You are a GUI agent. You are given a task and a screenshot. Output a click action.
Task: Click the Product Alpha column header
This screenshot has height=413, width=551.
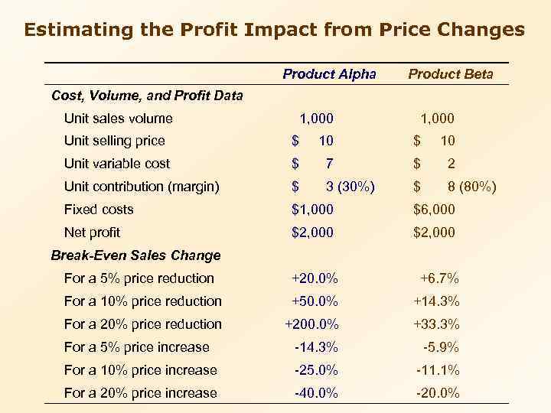pyautogui.click(x=329, y=74)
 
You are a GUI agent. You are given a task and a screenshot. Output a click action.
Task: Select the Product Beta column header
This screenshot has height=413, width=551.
pyautogui.click(x=450, y=74)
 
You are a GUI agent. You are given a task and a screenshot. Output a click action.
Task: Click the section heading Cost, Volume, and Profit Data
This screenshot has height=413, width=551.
pyautogui.click(x=146, y=96)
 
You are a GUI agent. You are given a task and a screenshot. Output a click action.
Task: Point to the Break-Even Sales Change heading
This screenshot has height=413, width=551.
pyautogui.click(x=135, y=255)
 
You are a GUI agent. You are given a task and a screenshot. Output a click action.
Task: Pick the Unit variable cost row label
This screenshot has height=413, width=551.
pyautogui.click(x=117, y=164)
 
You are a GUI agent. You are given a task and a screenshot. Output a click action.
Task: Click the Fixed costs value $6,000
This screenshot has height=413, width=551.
pyautogui.click(x=434, y=210)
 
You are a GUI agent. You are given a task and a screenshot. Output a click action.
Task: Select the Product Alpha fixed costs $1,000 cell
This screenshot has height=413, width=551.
pyautogui.click(x=313, y=210)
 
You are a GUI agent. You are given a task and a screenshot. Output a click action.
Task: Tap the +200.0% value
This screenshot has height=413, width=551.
pyautogui.click(x=311, y=324)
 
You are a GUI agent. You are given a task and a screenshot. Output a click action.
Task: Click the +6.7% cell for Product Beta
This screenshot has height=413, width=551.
pyautogui.click(x=439, y=278)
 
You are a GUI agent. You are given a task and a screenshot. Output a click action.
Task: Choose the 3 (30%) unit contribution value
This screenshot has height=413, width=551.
pyautogui.click(x=350, y=187)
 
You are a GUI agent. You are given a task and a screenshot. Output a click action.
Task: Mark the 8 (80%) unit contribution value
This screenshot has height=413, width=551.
pyautogui.click(x=471, y=187)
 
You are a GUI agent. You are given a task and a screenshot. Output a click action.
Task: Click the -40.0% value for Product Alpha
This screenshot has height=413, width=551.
pyautogui.click(x=316, y=393)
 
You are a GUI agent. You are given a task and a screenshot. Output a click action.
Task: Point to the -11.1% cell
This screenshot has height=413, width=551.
pyautogui.click(x=438, y=370)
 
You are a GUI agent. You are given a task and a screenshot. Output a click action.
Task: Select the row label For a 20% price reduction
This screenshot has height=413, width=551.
pyautogui.click(x=143, y=324)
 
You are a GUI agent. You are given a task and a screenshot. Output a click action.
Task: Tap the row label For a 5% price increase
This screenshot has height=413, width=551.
pyautogui.click(x=137, y=347)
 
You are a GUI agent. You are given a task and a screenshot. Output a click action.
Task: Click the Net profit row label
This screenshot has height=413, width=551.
pyautogui.click(x=92, y=233)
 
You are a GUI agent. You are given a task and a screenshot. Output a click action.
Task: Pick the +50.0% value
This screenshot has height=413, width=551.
pyautogui.click(x=315, y=301)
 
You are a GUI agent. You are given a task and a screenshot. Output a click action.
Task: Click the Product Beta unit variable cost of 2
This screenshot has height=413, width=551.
pyautogui.click(x=451, y=164)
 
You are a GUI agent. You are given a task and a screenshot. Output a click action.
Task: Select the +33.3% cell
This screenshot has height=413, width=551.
pyautogui.click(x=436, y=324)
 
